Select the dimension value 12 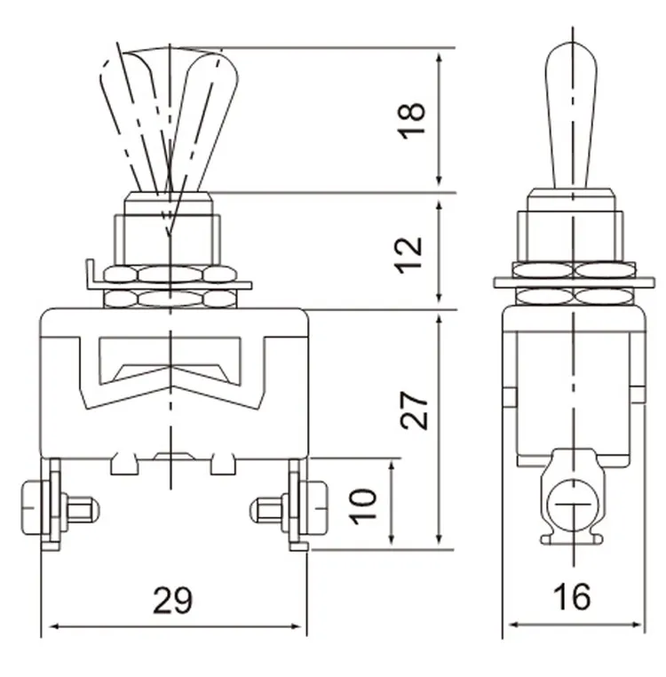[x=412, y=252]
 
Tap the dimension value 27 [x=415, y=409]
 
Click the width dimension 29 [x=173, y=601]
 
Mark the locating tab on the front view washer [x=90, y=272]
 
